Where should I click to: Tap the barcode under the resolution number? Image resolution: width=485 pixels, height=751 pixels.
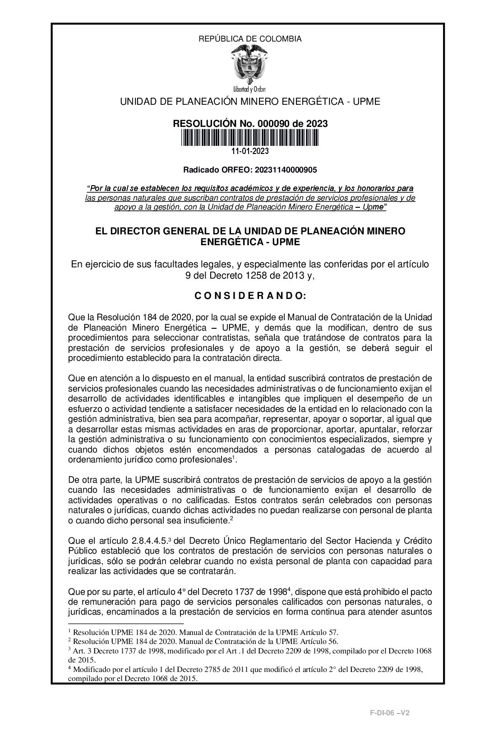coord(249,137)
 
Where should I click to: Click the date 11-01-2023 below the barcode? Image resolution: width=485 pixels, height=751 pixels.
coord(250,151)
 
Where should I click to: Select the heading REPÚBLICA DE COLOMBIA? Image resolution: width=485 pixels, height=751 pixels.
coord(250,39)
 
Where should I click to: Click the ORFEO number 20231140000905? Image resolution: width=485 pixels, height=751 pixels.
coord(286,170)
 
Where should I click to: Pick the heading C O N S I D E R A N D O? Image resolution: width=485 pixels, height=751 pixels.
coord(250,296)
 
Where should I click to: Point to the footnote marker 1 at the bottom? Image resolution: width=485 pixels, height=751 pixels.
coord(69,630)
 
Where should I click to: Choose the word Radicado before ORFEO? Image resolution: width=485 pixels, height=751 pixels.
coord(199,170)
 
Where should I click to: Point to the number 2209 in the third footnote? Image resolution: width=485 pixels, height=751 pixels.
coord(303,651)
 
